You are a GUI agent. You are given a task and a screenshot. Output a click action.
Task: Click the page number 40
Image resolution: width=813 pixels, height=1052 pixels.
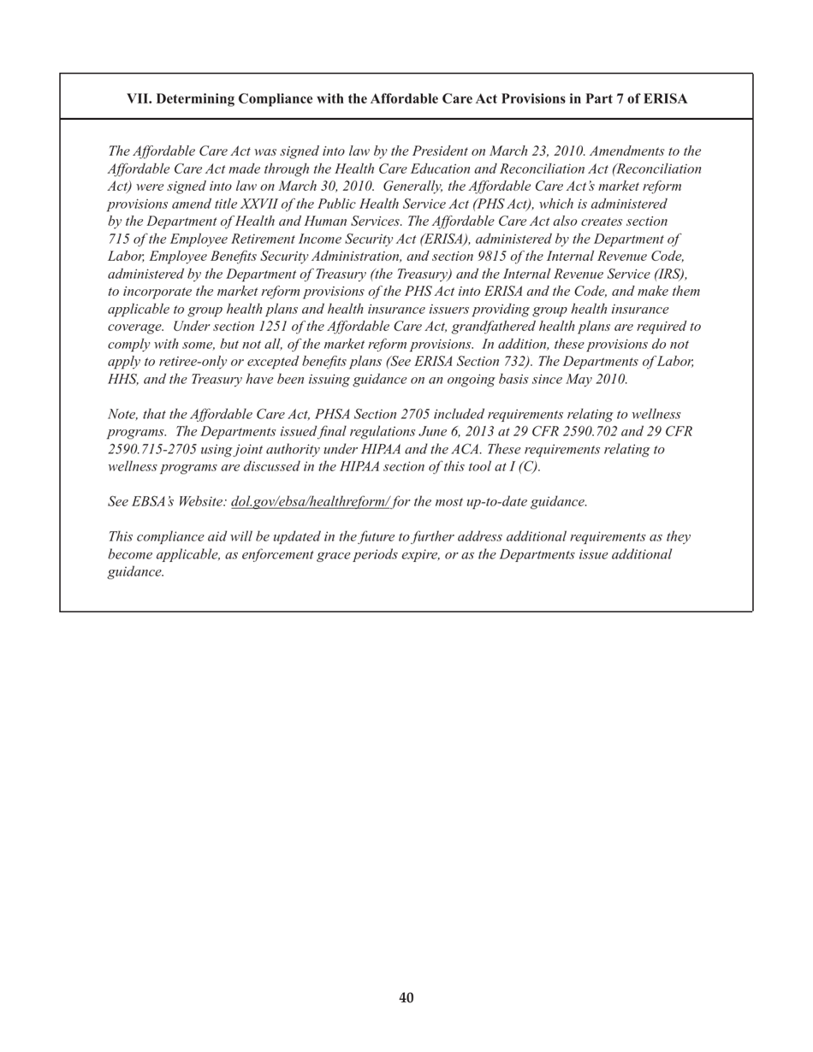coord(406,998)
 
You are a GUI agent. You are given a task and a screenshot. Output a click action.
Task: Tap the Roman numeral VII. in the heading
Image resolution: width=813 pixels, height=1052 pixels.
coord(139,99)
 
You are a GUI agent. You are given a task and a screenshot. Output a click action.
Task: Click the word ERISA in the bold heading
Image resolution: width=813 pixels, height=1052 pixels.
coord(665,99)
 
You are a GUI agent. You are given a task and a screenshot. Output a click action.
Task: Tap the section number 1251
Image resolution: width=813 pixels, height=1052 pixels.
coord(276,327)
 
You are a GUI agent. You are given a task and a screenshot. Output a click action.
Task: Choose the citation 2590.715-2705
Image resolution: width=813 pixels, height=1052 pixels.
coord(152,449)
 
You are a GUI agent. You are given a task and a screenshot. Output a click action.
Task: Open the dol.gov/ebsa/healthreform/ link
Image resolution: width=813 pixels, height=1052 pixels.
coord(311,502)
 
